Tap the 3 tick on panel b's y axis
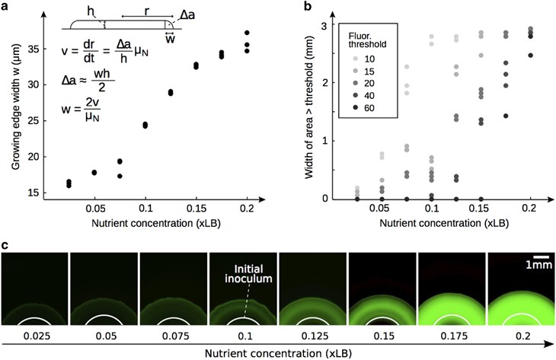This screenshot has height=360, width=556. point(322,25)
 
